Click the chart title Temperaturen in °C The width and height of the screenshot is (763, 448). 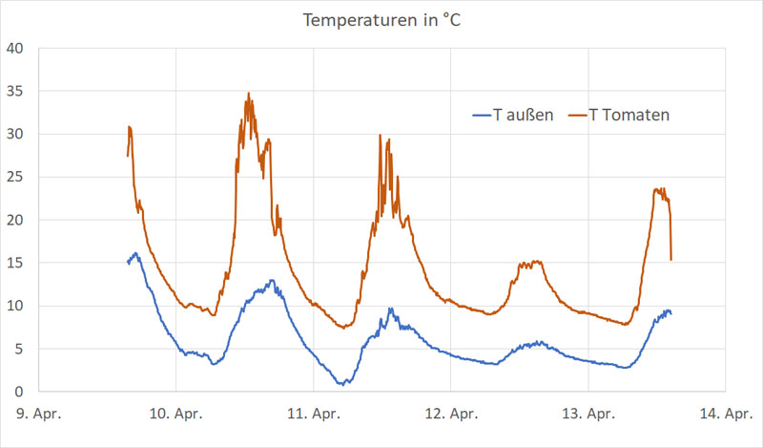click(x=381, y=20)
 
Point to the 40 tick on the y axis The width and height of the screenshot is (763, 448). click(x=16, y=48)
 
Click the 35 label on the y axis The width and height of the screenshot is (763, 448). click(x=16, y=91)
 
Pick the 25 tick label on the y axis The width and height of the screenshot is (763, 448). click(x=16, y=177)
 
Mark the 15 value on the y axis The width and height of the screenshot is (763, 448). click(x=16, y=263)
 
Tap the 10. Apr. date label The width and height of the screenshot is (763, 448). click(x=175, y=415)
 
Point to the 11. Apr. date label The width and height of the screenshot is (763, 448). click(x=313, y=415)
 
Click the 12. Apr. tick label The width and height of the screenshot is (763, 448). click(x=451, y=415)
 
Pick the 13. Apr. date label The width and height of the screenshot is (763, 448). click(x=588, y=415)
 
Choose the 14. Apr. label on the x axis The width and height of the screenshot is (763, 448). click(x=726, y=415)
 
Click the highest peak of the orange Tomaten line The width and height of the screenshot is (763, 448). click(x=249, y=94)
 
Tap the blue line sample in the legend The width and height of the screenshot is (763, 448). click(x=481, y=116)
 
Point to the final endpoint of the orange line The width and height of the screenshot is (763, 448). click(x=671, y=260)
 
